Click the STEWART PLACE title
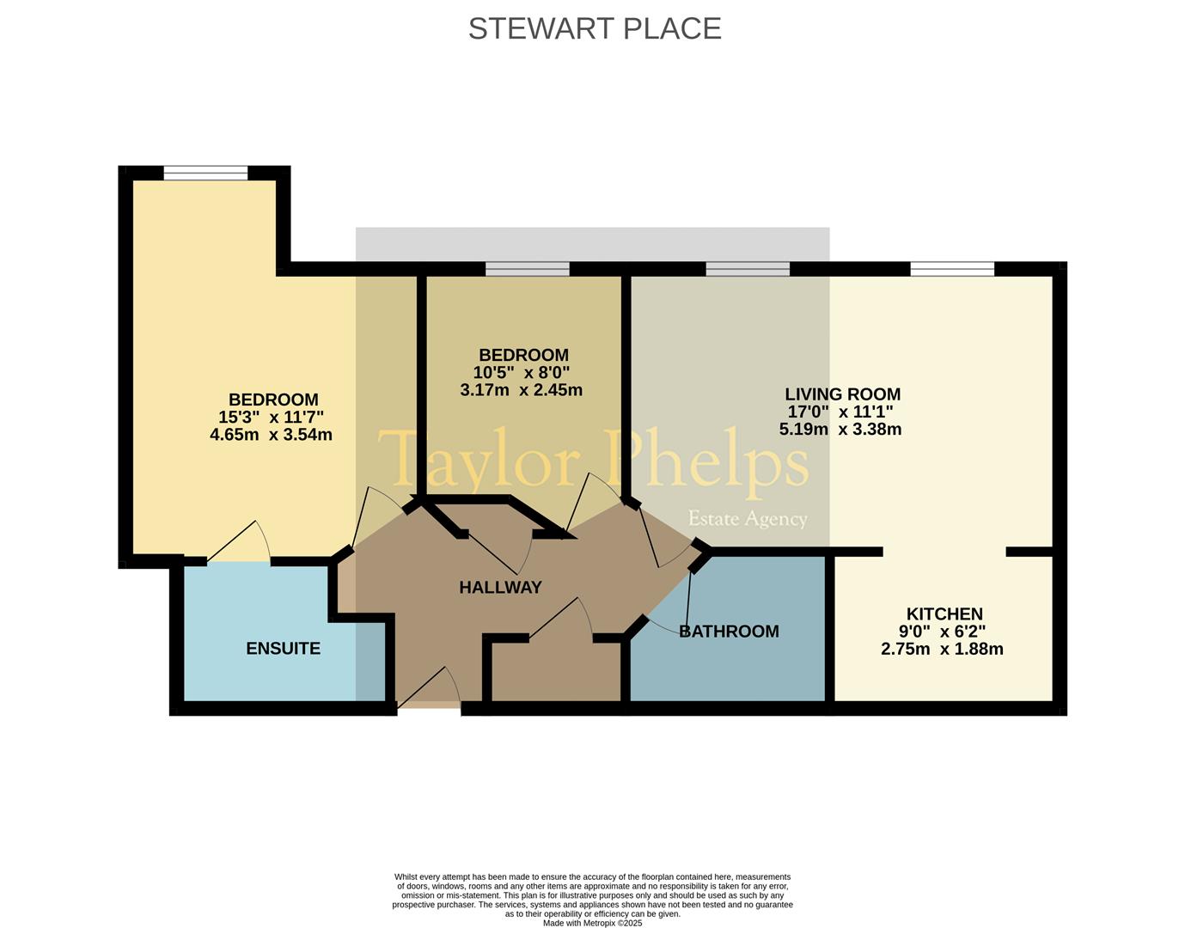coord(595,28)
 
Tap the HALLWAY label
coord(500,587)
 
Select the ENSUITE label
coord(283,648)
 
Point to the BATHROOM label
coord(729,632)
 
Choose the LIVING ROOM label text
coord(842,394)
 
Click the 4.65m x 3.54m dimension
coord(271,435)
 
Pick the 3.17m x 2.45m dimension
coord(522,390)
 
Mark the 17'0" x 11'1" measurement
coord(840,412)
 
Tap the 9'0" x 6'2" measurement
coord(943,632)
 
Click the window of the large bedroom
coord(205,173)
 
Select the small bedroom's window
coord(528,269)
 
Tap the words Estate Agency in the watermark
coord(748,518)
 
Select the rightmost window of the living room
coord(952,269)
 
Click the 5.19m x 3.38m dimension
coord(840,429)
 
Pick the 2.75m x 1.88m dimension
coord(943,649)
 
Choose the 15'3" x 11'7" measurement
coord(271,417)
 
